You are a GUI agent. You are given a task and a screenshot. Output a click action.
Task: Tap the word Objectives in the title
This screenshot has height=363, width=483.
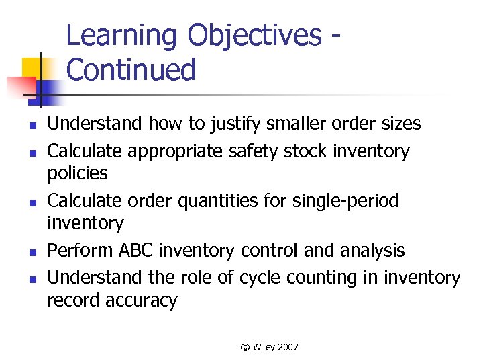point(255,36)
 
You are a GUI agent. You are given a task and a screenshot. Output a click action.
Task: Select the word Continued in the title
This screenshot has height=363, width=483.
point(131,70)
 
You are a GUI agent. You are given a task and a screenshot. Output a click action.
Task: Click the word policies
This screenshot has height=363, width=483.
point(77,173)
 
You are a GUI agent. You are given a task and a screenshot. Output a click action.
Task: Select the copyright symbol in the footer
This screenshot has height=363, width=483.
point(246,347)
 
